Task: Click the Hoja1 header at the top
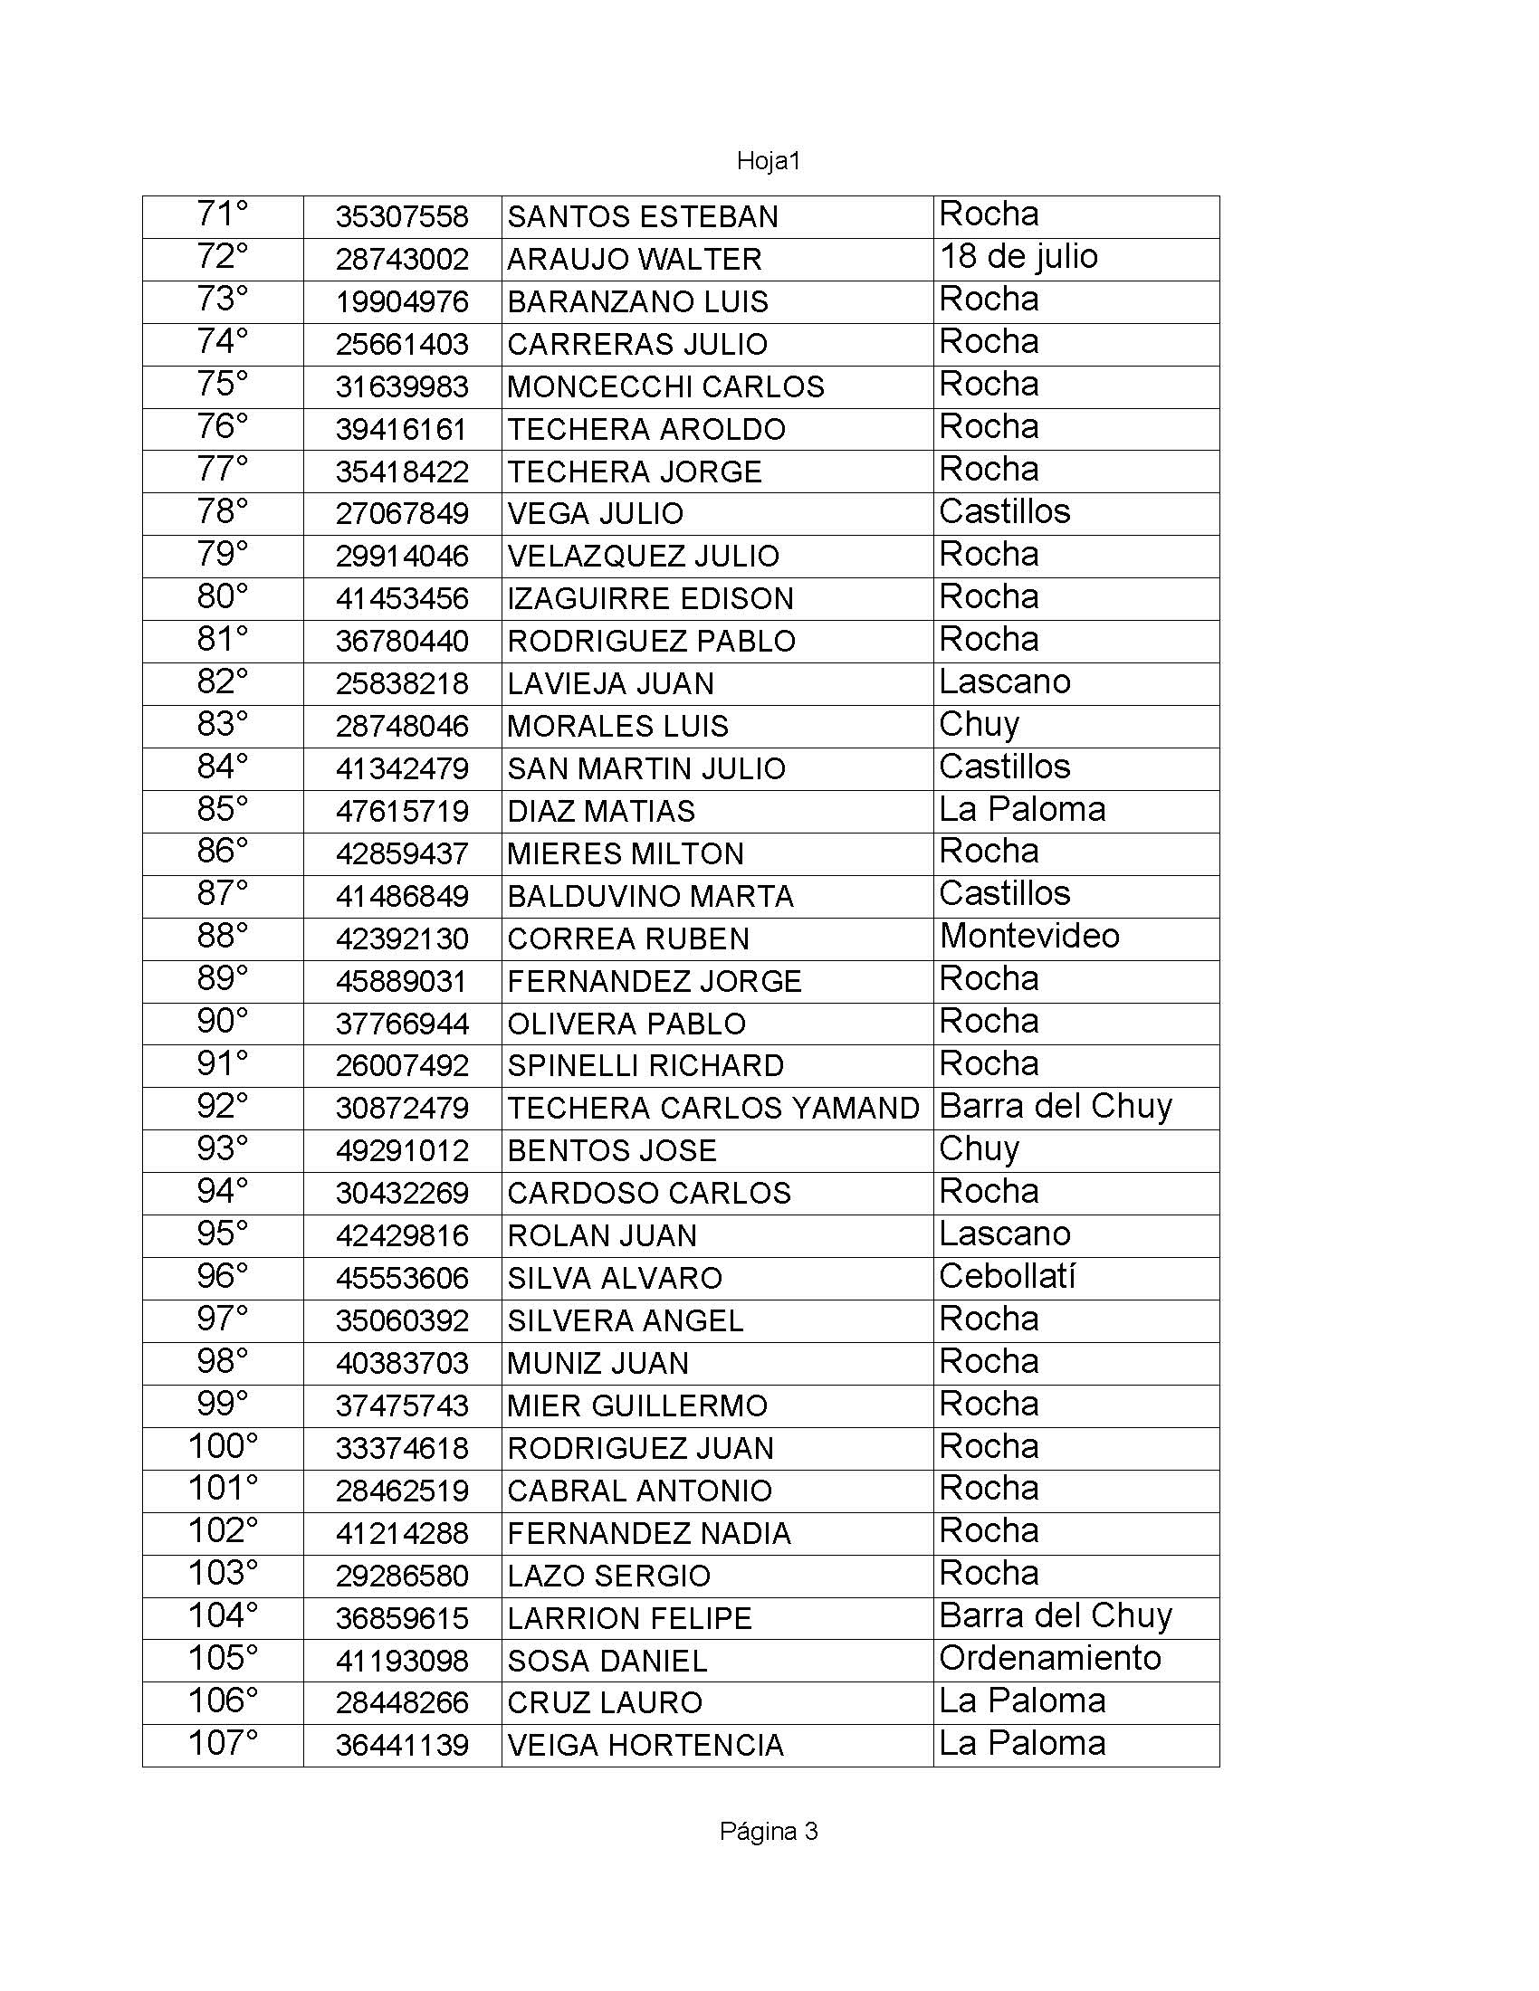click(768, 161)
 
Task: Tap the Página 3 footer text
click(768, 1831)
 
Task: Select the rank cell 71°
click(223, 215)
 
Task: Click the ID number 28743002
click(402, 259)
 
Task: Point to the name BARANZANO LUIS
click(637, 301)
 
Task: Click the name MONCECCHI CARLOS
click(665, 386)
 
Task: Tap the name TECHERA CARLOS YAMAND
click(713, 1108)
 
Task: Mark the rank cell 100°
click(223, 1447)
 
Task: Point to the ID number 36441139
click(402, 1745)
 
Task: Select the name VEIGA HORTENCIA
click(645, 1745)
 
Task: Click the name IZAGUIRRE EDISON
click(650, 599)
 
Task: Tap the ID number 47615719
click(402, 812)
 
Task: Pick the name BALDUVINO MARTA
click(650, 896)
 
